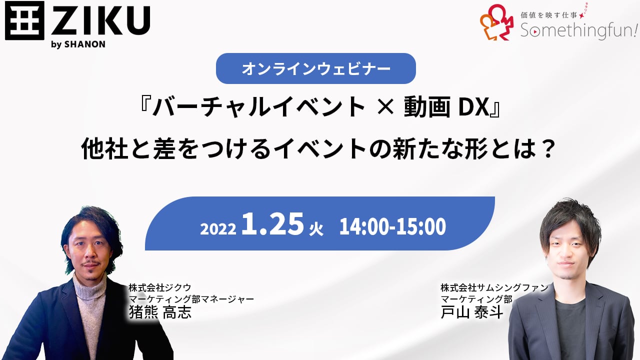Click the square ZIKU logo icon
24,20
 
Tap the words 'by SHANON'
78,44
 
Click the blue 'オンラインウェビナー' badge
315,68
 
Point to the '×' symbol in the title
385,107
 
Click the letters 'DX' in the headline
474,107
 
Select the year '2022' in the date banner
218,229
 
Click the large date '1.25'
272,224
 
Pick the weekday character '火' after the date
316,229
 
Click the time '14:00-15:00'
392,226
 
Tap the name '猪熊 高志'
160,312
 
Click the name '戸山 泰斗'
471,312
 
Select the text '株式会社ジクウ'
159,287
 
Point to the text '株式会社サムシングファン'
494,287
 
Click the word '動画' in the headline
427,107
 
